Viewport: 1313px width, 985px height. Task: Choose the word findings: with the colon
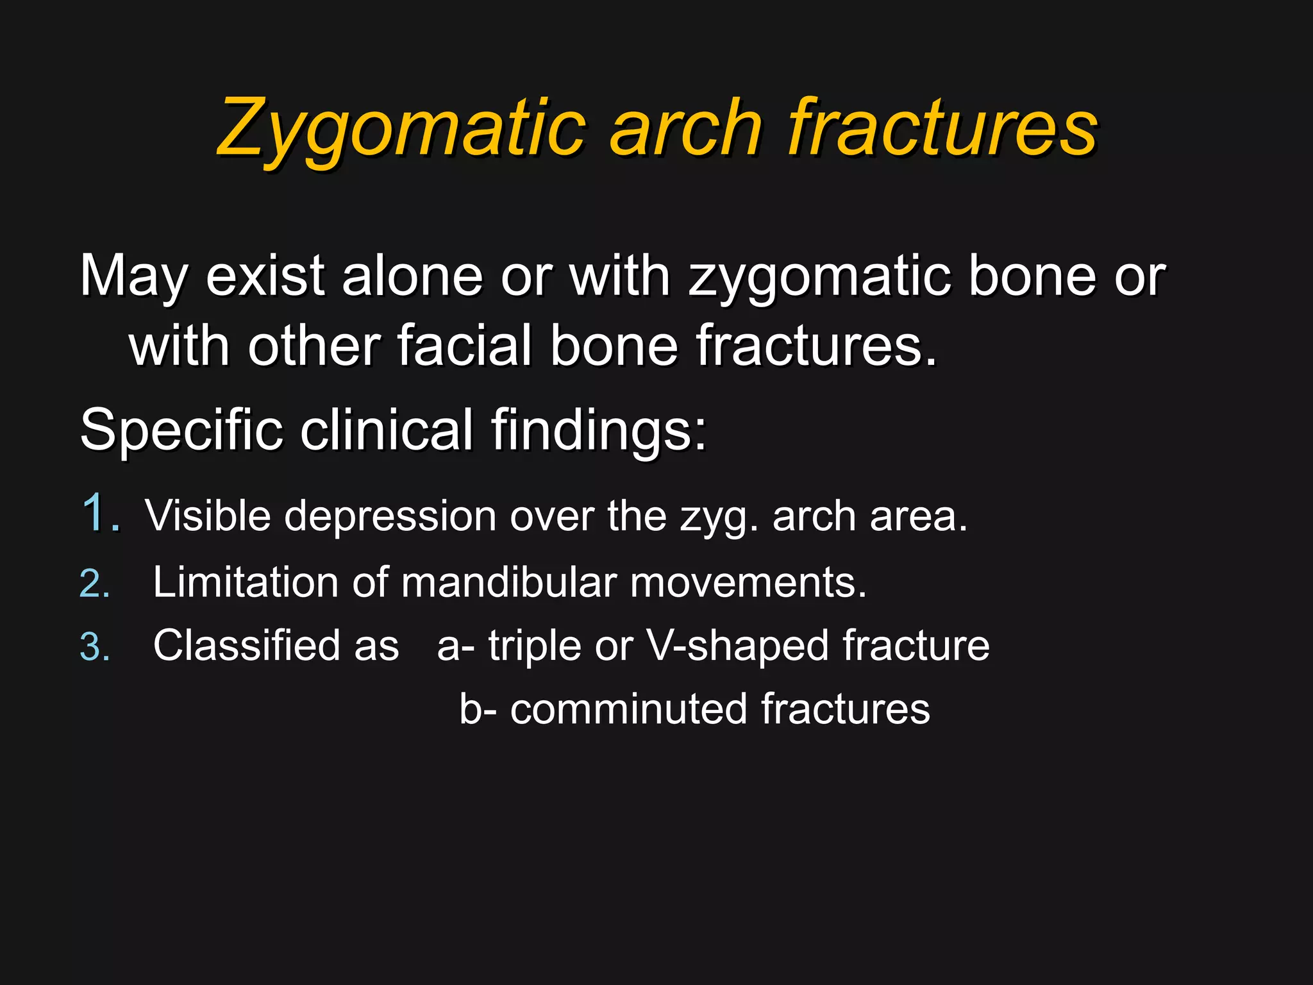coord(599,430)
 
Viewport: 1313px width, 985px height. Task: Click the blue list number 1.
coord(99,513)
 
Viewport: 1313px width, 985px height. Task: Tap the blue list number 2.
coord(95,584)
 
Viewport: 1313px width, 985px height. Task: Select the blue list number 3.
coord(95,646)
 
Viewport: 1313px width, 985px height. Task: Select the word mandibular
coord(509,582)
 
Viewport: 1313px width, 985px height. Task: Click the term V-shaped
coord(737,645)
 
